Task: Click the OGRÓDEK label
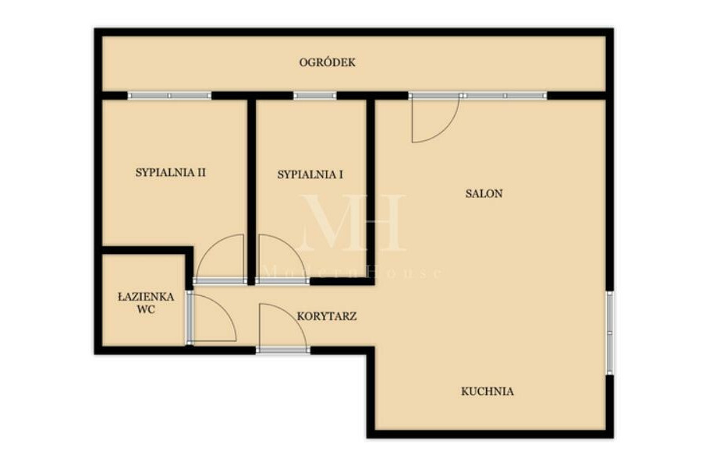[x=328, y=62]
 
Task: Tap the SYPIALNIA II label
[x=171, y=173]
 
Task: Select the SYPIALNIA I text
[x=310, y=174]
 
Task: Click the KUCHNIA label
[x=487, y=392]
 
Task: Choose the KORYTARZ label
[x=327, y=316]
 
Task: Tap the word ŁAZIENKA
[x=146, y=296]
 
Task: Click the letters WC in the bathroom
[x=147, y=309]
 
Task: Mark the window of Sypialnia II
[x=169, y=96]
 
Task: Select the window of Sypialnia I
[x=315, y=96]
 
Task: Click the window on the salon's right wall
[x=609, y=333]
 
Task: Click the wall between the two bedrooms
[x=252, y=192]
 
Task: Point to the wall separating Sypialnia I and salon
[x=370, y=188]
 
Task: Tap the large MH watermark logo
[x=353, y=223]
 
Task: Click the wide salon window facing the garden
[x=477, y=96]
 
